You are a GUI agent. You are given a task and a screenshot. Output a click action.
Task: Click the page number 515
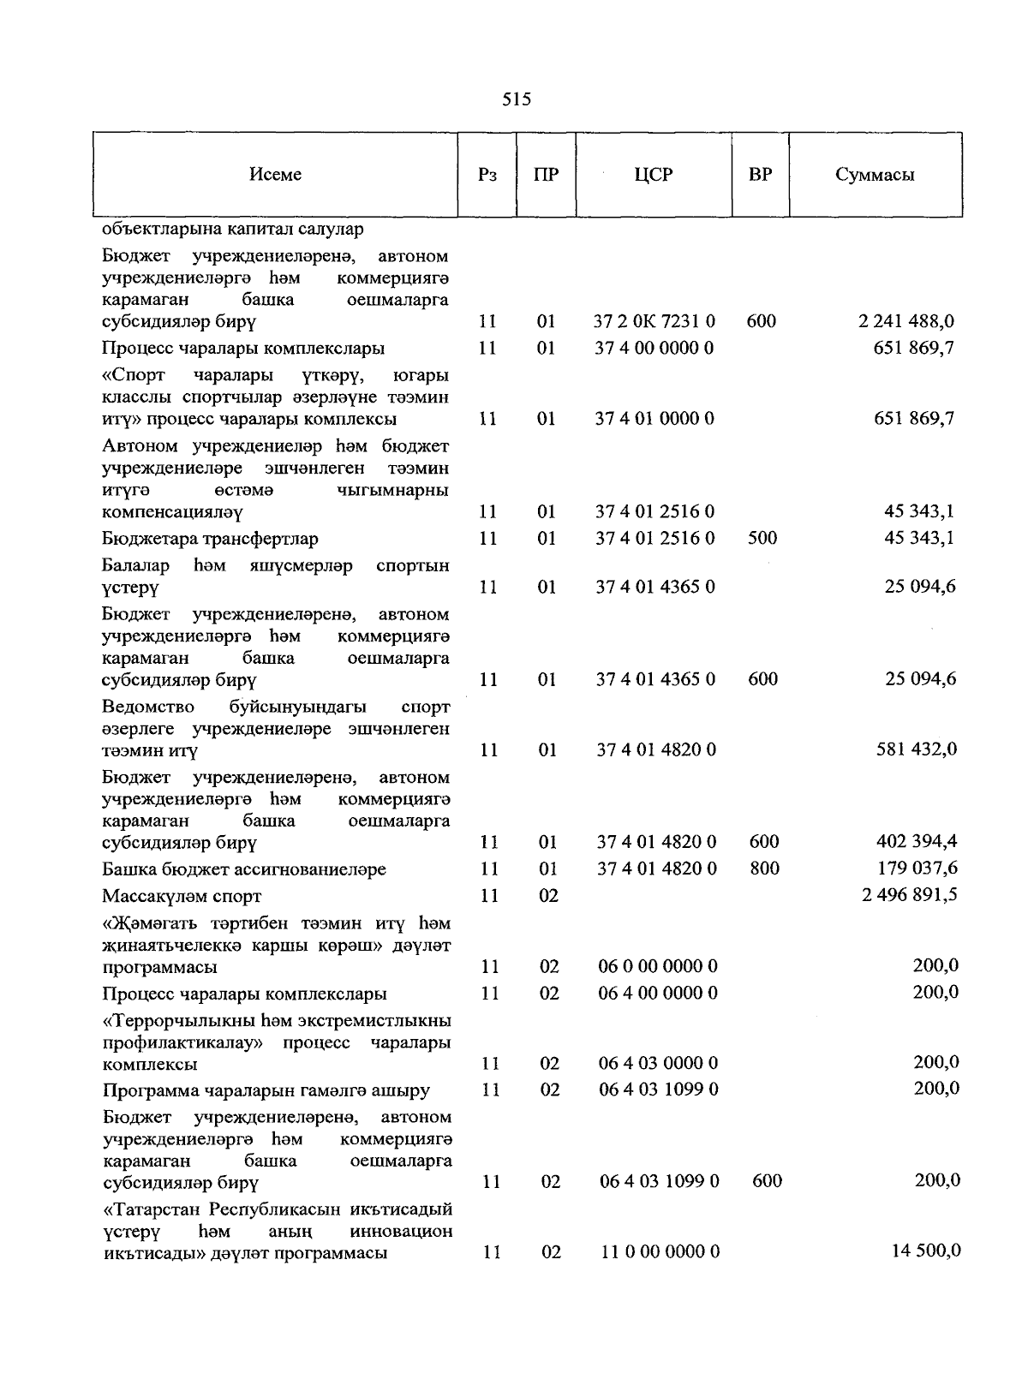click(517, 100)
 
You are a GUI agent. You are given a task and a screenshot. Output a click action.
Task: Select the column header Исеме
click(275, 175)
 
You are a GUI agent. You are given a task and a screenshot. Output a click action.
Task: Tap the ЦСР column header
click(654, 175)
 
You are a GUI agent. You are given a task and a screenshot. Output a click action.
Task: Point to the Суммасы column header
click(875, 175)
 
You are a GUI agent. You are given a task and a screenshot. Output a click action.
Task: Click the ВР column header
click(760, 175)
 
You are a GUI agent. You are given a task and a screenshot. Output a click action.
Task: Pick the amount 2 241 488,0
click(905, 322)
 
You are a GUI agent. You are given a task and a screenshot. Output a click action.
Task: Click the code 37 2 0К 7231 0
click(654, 322)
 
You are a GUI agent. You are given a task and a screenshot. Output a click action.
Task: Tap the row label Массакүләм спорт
click(182, 897)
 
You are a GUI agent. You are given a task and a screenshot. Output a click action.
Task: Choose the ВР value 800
click(764, 869)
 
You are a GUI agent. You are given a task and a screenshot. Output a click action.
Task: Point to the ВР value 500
click(762, 538)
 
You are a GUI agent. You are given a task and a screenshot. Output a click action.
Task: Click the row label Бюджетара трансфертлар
click(210, 540)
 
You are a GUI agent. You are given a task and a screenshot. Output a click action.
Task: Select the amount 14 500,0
click(924, 1251)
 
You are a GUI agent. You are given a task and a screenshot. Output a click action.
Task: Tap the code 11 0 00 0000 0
click(659, 1252)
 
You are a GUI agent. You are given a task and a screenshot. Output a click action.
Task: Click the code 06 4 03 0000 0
click(658, 1064)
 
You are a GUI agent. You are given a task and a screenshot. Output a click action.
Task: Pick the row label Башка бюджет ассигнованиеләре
click(244, 870)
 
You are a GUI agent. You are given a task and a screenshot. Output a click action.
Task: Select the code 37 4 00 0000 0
click(654, 349)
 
